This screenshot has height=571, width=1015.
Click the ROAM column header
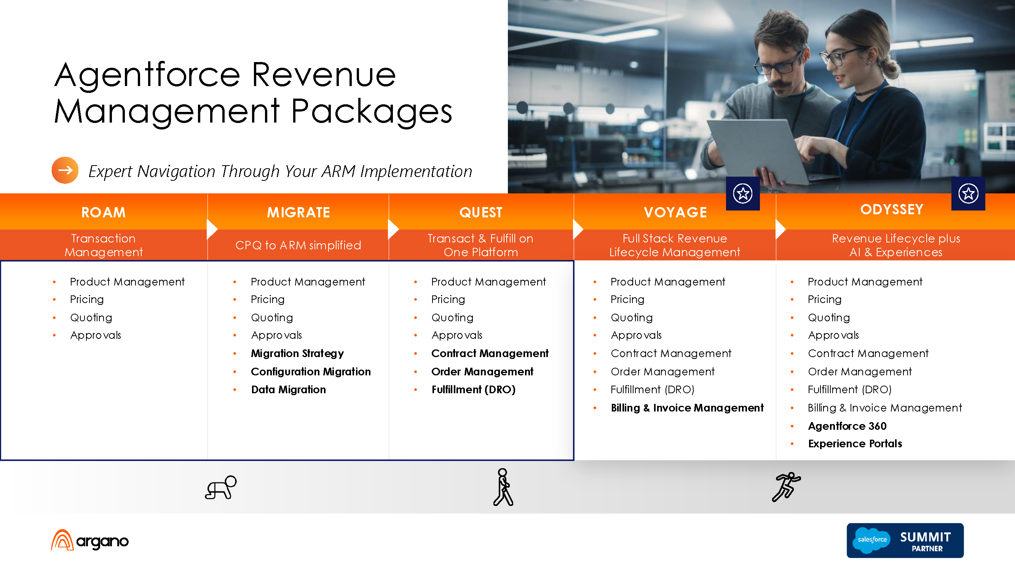(103, 212)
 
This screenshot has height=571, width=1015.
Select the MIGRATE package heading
(298, 212)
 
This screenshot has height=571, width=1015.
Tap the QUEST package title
(481, 212)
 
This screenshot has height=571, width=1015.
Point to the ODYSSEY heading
(892, 209)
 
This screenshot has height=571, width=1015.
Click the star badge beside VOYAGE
(743, 193)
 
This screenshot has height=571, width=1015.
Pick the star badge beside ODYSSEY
(968, 193)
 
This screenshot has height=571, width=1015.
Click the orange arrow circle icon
(65, 170)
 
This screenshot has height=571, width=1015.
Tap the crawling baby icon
(221, 488)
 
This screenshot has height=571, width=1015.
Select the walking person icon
(503, 487)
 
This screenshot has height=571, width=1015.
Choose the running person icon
(786, 487)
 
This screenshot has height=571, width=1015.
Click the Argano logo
(90, 540)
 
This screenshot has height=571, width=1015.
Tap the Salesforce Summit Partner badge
(905, 540)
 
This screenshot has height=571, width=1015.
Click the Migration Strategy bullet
(297, 354)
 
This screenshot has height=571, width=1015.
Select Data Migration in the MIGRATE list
(289, 389)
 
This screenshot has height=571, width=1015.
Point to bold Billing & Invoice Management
(687, 408)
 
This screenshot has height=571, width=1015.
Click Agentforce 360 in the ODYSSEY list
(847, 426)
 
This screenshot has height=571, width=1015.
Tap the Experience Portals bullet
(855, 444)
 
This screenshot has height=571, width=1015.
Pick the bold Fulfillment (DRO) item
(473, 389)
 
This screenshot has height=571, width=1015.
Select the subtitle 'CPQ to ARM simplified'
(298, 245)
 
